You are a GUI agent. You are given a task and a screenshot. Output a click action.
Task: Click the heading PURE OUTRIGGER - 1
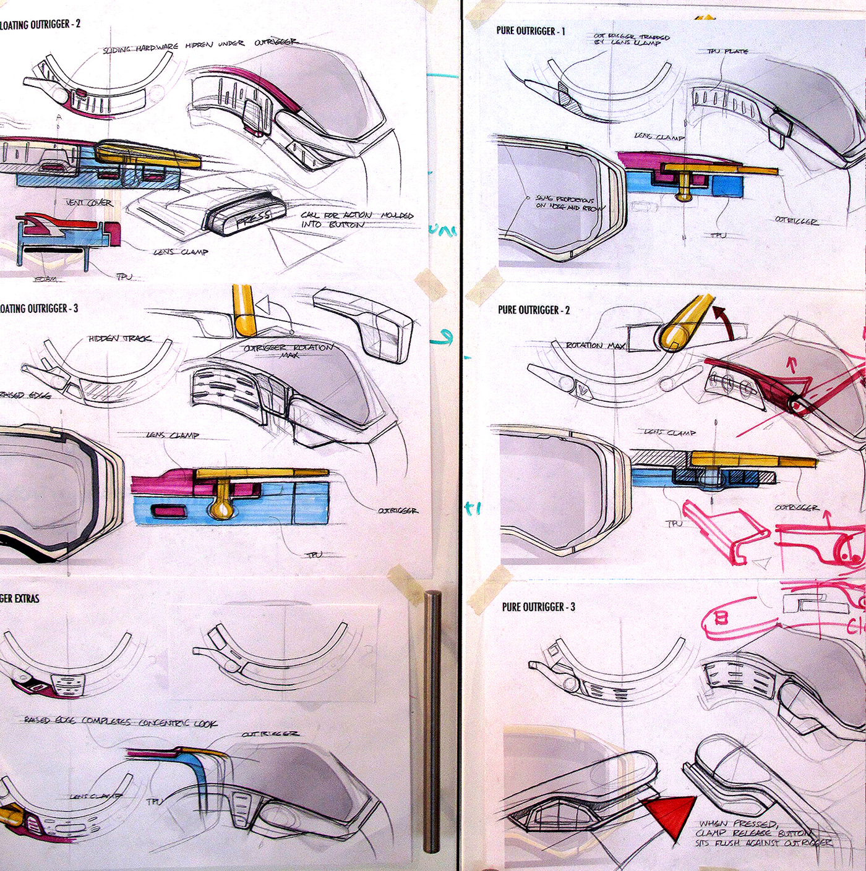530,31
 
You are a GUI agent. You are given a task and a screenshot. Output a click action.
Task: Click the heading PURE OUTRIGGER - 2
534,310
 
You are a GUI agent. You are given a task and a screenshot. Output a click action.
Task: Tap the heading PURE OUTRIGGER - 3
538,607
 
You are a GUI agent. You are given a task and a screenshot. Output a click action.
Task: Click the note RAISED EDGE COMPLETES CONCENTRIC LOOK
120,722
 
